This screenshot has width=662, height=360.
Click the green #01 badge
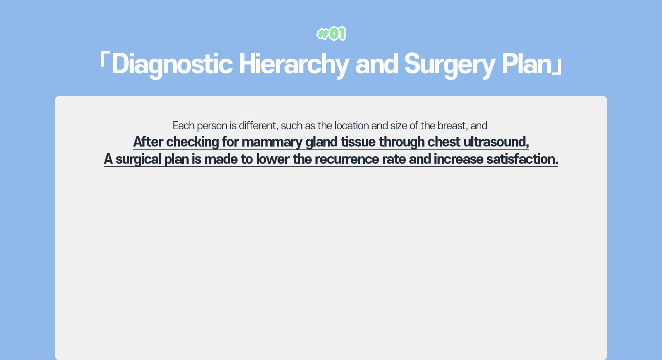[331, 34]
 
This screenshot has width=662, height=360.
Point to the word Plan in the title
[527, 64]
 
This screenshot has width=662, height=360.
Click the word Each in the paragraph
[183, 126]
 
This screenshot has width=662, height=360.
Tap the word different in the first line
[258, 126]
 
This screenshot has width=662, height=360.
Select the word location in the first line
[352, 126]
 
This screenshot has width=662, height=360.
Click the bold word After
[148, 142]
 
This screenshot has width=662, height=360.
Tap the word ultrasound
[496, 142]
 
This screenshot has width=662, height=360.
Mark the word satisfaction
[522, 159]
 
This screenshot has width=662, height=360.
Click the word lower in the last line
[273, 159]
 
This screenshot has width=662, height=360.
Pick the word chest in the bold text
[444, 142]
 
